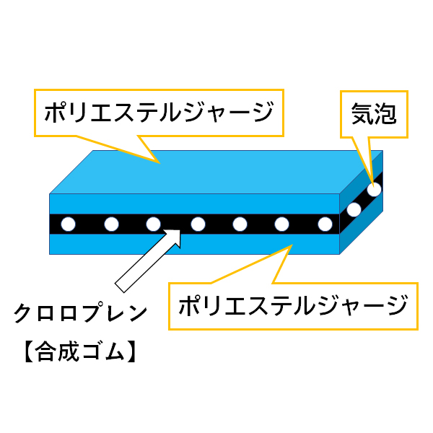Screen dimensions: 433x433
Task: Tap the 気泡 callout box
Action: coord(374,113)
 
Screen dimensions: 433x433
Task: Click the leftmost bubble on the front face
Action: coord(68,224)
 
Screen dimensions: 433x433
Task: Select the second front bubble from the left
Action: coord(111,224)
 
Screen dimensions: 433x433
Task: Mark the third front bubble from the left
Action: coord(154,224)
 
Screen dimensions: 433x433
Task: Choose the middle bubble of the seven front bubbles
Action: coord(197,224)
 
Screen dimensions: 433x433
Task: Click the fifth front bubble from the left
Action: coord(240,224)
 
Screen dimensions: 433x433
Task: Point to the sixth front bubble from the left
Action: coord(282,224)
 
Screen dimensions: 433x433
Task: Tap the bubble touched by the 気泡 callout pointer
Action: coord(374,190)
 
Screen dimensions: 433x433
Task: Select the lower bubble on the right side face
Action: coord(354,210)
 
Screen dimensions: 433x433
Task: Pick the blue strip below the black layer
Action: coord(195,244)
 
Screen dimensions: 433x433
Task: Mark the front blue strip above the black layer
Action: coord(195,204)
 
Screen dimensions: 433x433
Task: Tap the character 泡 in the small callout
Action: coord(386,113)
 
